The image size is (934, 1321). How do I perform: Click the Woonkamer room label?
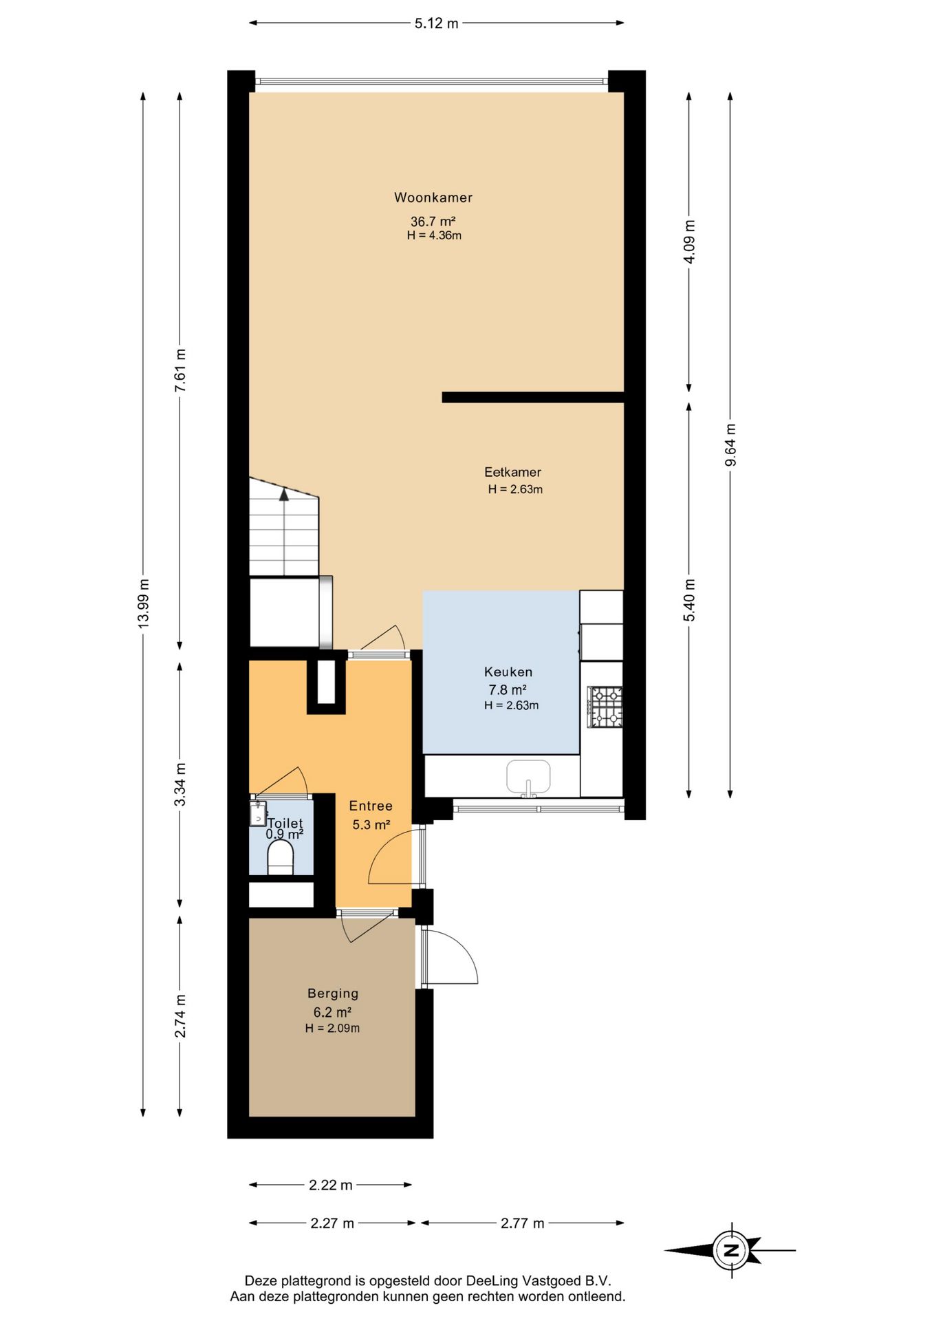[x=433, y=197]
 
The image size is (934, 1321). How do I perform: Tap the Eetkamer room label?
[x=512, y=472]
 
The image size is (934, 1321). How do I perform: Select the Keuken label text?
[x=508, y=672]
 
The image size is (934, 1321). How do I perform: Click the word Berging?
[x=333, y=994]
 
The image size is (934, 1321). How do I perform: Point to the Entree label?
[x=371, y=806]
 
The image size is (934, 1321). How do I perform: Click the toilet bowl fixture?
[x=280, y=857]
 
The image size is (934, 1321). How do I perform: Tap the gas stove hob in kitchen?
[x=605, y=707]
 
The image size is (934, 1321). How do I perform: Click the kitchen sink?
[x=528, y=778]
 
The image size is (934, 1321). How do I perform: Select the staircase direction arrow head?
[x=284, y=493]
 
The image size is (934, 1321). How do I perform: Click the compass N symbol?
[x=732, y=1250]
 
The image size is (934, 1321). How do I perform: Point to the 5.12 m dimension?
[x=436, y=23]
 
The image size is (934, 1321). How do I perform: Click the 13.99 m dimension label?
[x=143, y=603]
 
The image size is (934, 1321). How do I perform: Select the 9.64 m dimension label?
[x=730, y=444]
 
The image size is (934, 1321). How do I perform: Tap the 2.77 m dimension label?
[x=523, y=1223]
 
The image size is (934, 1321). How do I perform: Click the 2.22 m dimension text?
[x=331, y=1185]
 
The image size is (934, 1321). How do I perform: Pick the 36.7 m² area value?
[x=433, y=222]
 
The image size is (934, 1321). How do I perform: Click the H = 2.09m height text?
[x=332, y=1029]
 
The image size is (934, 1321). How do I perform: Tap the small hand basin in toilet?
[x=258, y=813]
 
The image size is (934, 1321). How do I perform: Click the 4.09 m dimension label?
[x=689, y=241]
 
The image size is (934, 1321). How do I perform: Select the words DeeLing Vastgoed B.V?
[x=539, y=1281]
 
